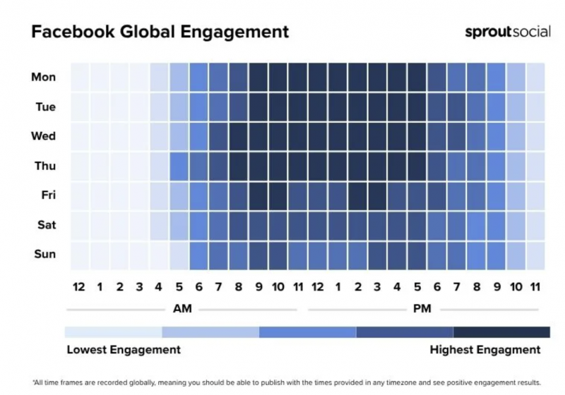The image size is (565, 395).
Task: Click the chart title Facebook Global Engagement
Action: pos(160,32)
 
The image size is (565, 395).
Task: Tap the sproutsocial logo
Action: pos(507,32)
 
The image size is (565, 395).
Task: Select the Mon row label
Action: pos(43,77)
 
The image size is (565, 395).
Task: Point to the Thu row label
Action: pos(45,166)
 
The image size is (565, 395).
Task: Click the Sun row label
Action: pos(44,254)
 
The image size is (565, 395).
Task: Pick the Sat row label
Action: pos(45,225)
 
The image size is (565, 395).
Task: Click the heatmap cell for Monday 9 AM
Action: pos(258,77)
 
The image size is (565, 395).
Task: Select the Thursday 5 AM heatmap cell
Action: pos(179,166)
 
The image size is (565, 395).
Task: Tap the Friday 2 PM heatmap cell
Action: pos(357,195)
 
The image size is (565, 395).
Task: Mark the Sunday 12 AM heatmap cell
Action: pos(80,255)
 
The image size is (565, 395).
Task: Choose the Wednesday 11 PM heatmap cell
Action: pos(535,136)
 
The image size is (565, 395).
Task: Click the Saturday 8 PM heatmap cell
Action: pos(475,225)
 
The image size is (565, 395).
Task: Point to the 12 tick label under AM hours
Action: pos(79,287)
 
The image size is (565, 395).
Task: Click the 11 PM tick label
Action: pos(535,287)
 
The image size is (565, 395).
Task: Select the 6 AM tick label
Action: pos(198,287)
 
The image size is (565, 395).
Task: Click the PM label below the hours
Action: pos(422,308)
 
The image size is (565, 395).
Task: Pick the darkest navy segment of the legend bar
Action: pos(501,332)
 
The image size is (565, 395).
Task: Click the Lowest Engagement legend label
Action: pos(123,350)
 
